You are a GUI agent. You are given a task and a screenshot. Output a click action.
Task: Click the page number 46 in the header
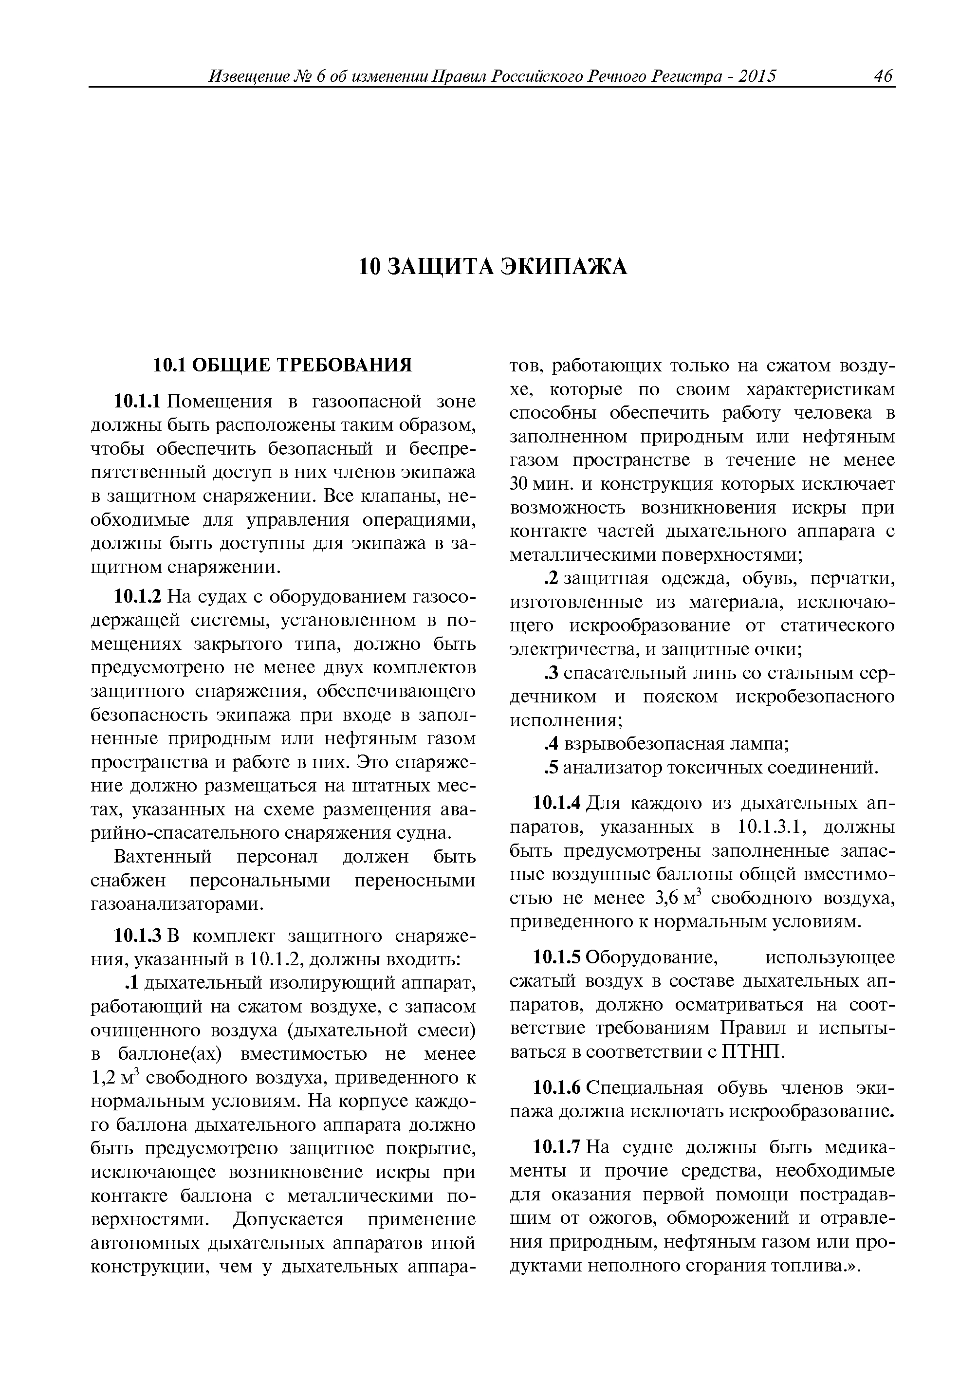pyautogui.click(x=882, y=76)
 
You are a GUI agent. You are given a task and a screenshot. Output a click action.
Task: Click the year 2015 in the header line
pyautogui.click(x=757, y=76)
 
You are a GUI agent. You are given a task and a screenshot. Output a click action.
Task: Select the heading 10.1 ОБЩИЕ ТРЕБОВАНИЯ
pyautogui.click(x=282, y=365)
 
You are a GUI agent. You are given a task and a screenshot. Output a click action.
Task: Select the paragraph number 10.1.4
pyautogui.click(x=557, y=803)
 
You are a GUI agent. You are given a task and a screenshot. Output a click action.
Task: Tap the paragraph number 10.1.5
pyautogui.click(x=557, y=957)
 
